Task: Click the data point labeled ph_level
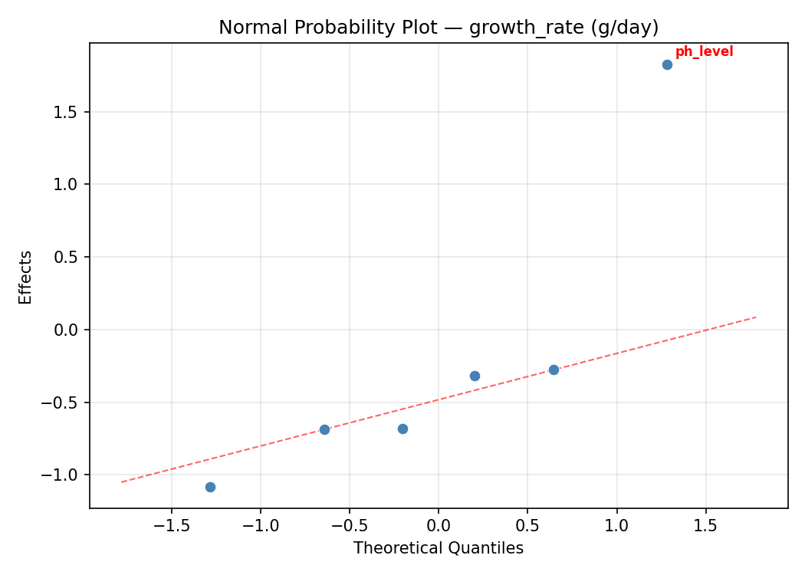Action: pos(667,64)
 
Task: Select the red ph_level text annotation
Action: pos(704,51)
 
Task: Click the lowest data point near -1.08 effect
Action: pos(210,487)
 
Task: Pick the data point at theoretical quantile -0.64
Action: pos(324,429)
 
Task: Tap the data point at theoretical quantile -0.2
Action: pos(402,429)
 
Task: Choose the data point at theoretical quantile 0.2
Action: pos(475,376)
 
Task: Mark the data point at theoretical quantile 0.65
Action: pos(554,370)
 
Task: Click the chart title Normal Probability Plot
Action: pos(439,28)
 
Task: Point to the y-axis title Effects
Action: pos(26,277)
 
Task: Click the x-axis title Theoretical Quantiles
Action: pos(439,548)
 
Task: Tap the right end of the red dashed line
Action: pos(756,317)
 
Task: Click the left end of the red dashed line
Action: pos(121,481)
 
